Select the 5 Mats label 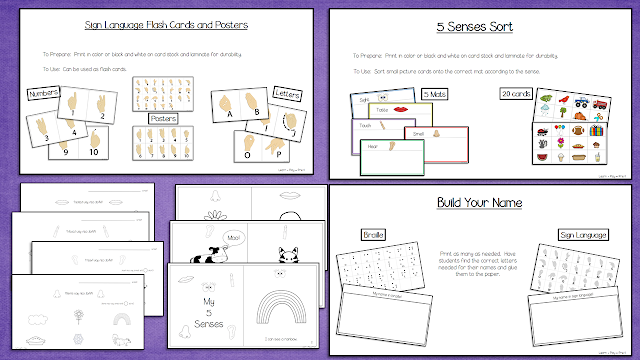(436, 93)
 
